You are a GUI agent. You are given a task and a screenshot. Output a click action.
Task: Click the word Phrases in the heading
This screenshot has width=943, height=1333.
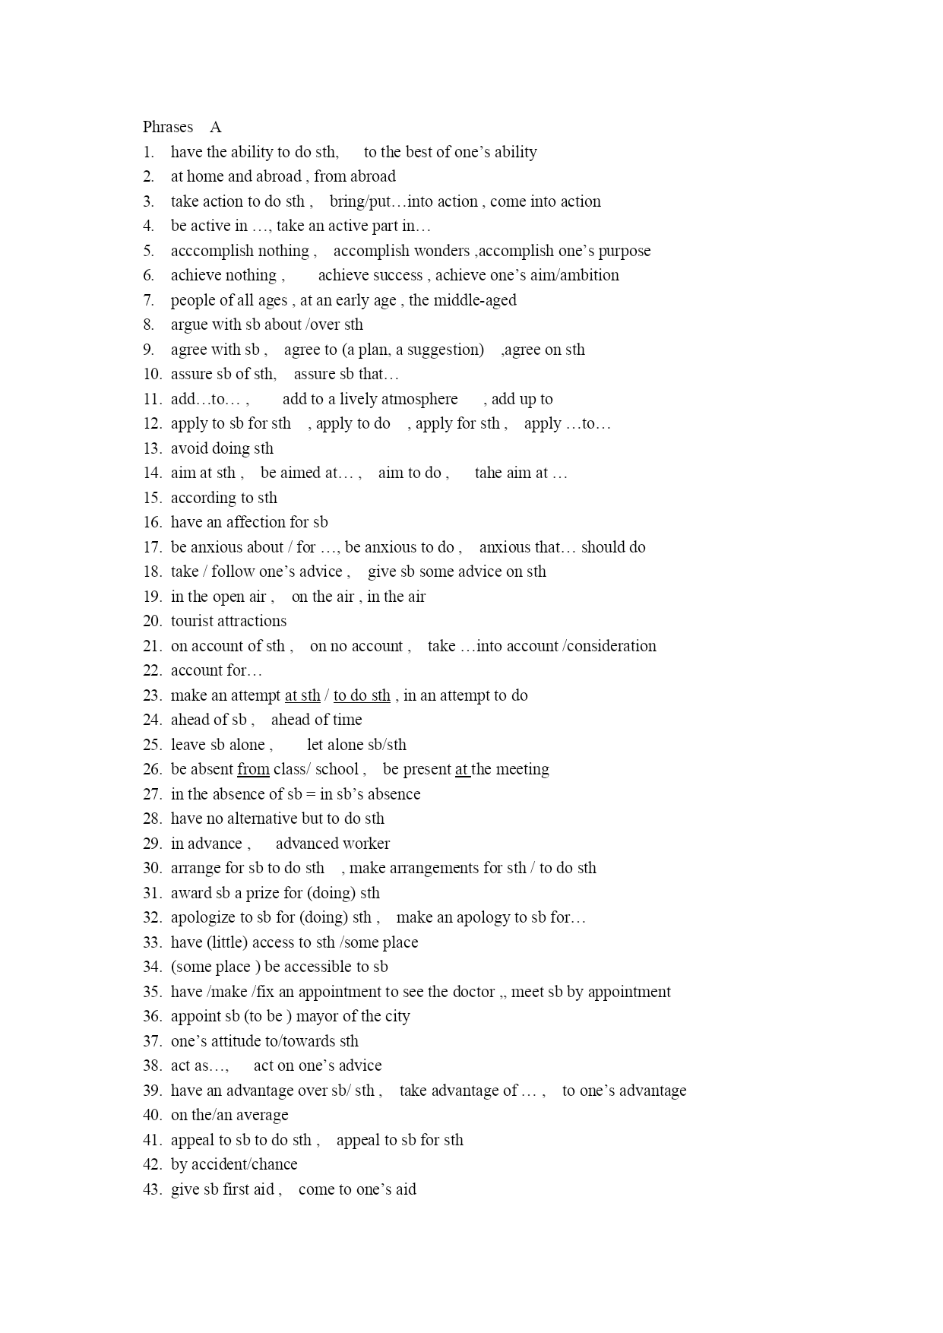tap(168, 128)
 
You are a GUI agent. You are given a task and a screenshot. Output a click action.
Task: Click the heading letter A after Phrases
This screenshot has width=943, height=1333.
tap(216, 128)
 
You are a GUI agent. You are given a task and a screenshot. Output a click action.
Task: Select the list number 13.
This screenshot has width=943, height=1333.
tap(152, 448)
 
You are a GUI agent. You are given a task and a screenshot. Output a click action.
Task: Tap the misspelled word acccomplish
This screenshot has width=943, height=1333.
tap(201, 251)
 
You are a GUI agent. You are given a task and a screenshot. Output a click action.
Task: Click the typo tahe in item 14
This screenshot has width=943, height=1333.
tap(489, 473)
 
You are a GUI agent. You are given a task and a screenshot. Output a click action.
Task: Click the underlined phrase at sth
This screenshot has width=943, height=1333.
tap(302, 695)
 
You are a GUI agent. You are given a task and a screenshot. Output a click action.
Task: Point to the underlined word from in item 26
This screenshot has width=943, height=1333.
tap(253, 769)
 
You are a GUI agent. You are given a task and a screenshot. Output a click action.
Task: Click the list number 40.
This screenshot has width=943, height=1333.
tap(152, 1115)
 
